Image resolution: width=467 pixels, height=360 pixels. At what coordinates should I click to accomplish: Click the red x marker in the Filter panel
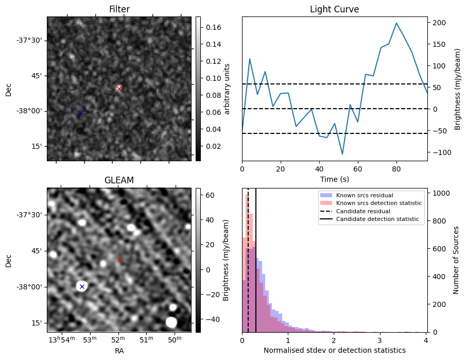point(119,89)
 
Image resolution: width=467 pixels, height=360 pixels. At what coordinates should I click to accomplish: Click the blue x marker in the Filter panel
point(80,112)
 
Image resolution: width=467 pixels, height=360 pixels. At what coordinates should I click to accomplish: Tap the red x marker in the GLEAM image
point(119,260)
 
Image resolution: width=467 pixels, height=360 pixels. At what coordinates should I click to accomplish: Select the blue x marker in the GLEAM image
point(82,286)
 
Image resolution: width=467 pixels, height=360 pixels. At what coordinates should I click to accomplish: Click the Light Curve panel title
point(334,9)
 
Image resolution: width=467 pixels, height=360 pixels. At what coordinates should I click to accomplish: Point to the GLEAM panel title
point(119,180)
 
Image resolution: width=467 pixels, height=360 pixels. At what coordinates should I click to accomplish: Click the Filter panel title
point(119,9)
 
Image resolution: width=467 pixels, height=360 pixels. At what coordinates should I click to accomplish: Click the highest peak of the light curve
point(396,23)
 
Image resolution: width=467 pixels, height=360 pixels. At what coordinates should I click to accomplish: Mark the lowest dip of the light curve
point(342,154)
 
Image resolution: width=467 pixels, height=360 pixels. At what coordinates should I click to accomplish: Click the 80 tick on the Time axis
point(396,169)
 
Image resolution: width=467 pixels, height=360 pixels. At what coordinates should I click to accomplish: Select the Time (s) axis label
point(334,178)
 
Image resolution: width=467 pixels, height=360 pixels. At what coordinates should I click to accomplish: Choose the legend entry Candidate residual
point(360,211)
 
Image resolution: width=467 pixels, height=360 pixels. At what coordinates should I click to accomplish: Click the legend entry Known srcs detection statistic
point(378,203)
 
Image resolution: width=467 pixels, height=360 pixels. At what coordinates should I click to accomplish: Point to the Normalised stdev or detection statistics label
point(334,350)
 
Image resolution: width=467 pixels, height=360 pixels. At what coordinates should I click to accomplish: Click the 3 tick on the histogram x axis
point(379,340)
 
